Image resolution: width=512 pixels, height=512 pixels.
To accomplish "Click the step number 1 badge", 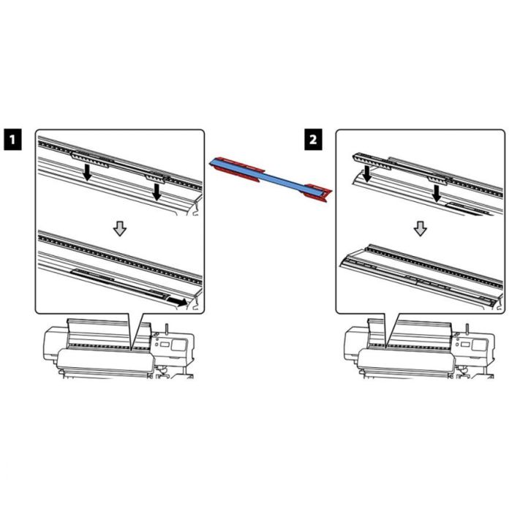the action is point(12,140).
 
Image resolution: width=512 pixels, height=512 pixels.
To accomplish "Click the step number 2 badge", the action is point(313,140).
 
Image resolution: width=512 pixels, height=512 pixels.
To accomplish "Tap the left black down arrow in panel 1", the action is point(87,173).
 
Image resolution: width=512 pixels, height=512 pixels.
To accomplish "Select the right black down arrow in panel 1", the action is point(157,192).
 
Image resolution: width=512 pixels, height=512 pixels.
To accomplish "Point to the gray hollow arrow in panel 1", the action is point(120,228).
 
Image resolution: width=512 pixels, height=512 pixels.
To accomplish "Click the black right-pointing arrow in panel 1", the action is point(177,301).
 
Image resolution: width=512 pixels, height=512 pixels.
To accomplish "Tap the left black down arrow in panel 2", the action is point(367,174).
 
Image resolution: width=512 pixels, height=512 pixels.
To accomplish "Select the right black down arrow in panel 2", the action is point(437,194).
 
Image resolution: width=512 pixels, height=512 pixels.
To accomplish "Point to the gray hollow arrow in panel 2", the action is point(421,228).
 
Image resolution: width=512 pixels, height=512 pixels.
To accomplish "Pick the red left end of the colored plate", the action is point(236,168).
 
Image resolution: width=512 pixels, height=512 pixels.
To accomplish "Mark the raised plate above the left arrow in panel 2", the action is point(372,162).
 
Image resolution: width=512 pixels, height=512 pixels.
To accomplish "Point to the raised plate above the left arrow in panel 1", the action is point(90,159).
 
